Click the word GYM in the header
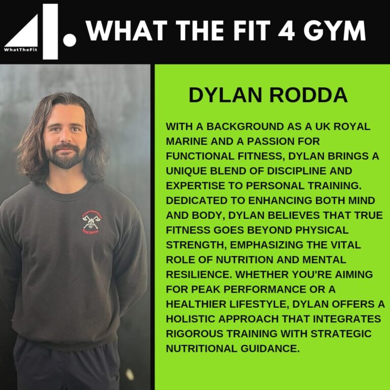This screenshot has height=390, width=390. coord(334,30)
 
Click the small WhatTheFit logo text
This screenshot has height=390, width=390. coord(20,49)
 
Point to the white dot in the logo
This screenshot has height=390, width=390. coord(70,40)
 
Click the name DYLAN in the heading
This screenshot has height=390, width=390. coord(225,95)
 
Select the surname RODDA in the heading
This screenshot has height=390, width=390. coord(308,95)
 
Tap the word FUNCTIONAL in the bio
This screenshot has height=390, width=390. coord(200,156)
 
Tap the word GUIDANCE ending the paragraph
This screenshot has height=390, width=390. coord(270,348)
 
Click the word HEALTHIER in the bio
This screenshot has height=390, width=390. coord(196,304)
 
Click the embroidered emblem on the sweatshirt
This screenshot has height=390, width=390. coord(92,222)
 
